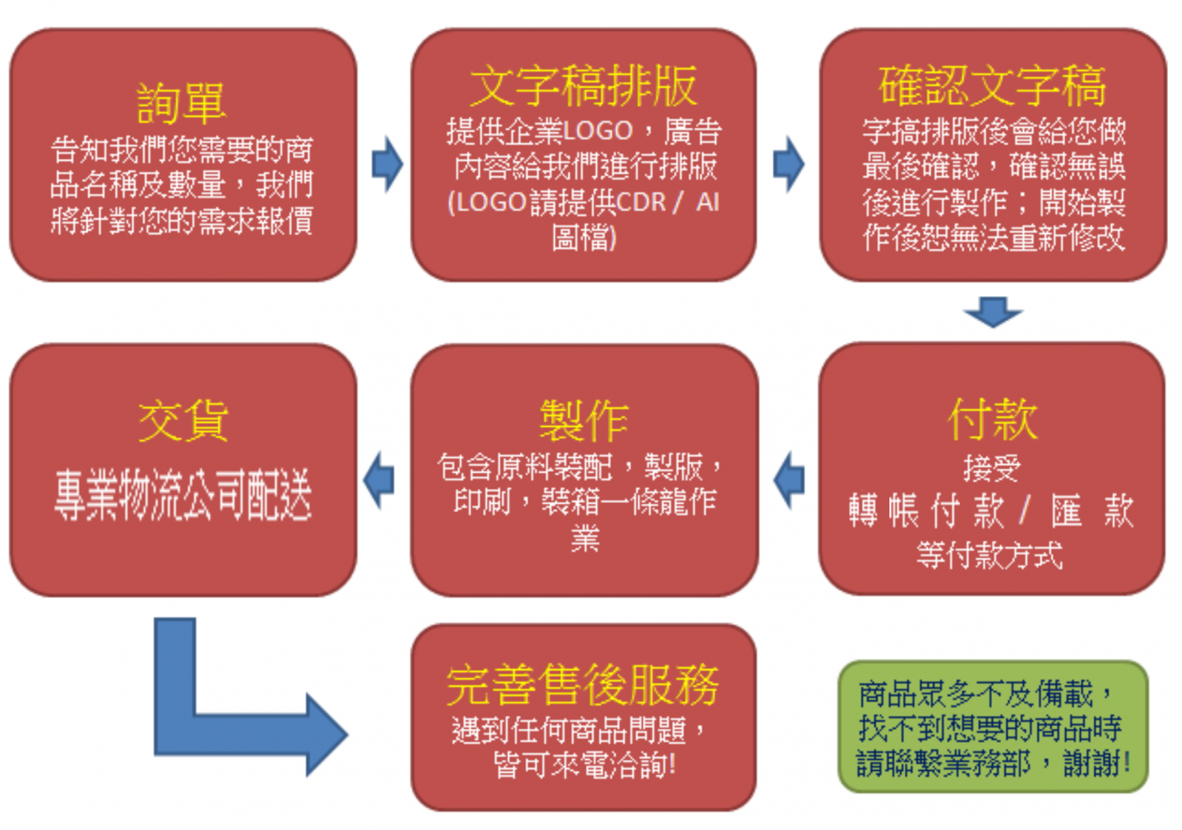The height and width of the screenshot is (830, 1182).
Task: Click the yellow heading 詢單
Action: [x=181, y=103]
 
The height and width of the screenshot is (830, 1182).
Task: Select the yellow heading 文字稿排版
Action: [x=583, y=86]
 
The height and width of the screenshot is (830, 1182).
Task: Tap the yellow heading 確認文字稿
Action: [x=992, y=86]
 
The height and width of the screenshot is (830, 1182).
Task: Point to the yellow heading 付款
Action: [x=992, y=419]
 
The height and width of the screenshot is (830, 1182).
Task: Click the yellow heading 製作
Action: [x=584, y=421]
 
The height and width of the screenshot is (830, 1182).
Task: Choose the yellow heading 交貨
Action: [x=182, y=421]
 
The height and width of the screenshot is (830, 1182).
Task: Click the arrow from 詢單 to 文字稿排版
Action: [x=387, y=164]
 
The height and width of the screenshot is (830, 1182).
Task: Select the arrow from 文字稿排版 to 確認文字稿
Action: [x=788, y=164]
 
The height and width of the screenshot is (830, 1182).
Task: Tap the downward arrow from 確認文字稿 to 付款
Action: [x=993, y=312]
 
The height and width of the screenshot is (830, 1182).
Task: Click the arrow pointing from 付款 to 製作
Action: [x=789, y=480]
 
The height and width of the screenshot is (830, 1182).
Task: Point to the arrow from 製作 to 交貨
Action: [x=380, y=480]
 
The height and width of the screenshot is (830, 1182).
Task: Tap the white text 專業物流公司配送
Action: [x=182, y=495]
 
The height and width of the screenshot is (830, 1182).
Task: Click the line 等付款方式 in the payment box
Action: [x=989, y=555]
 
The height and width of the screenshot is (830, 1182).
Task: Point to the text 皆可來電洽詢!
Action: [x=584, y=765]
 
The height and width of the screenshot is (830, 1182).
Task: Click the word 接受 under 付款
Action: [x=991, y=468]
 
